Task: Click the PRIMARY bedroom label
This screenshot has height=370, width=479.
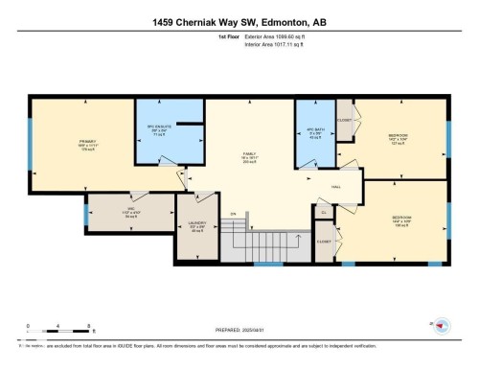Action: tap(62, 145)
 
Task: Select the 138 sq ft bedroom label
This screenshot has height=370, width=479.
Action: tap(402, 221)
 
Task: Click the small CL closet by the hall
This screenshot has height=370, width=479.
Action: tap(323, 212)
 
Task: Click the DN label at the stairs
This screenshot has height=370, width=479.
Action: tap(232, 214)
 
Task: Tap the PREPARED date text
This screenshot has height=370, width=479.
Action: tap(238, 330)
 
